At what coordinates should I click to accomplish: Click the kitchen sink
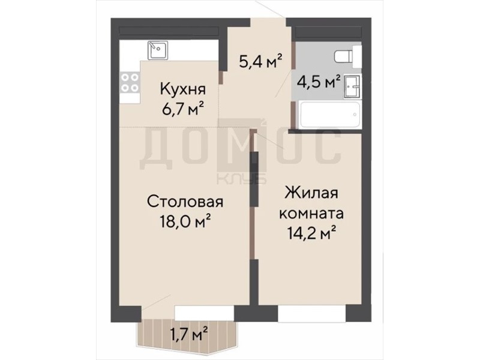[158, 50]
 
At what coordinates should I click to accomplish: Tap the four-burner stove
[130, 83]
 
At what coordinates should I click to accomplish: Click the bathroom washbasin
[352, 86]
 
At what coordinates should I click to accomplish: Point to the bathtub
[329, 115]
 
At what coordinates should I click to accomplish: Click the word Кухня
[183, 89]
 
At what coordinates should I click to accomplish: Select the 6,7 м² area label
[183, 109]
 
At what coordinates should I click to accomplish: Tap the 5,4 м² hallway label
[260, 62]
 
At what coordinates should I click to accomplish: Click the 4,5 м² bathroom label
[319, 82]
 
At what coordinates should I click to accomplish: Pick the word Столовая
[185, 202]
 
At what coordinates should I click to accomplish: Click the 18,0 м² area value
[185, 221]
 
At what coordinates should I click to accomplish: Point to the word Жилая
[311, 193]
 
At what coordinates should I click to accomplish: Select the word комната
[311, 214]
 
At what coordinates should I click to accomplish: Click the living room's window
[312, 313]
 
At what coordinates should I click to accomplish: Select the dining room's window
[204, 313]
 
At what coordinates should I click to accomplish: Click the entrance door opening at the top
[268, 22]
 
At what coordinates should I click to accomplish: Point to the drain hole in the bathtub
[355, 115]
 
